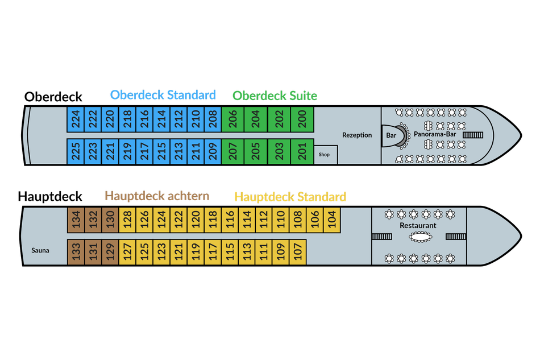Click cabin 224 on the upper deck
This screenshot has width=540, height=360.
click(75, 119)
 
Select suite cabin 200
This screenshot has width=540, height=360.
click(302, 119)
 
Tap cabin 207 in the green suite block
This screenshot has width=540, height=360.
click(232, 151)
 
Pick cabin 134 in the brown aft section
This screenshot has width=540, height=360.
click(76, 220)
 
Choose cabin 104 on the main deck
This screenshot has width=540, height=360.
click(332, 220)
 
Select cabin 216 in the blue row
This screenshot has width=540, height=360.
click(144, 119)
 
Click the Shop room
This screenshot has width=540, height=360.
click(325, 155)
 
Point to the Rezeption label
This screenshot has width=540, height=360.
click(357, 135)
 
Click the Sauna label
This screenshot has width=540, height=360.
click(40, 250)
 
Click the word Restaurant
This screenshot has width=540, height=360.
click(418, 225)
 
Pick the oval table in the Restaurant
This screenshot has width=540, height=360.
click(420, 237)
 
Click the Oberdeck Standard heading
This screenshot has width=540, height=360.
click(163, 95)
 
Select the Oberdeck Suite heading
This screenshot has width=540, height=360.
click(275, 96)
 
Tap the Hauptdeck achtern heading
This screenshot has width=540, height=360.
click(157, 196)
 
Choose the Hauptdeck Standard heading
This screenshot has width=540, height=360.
click(290, 197)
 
